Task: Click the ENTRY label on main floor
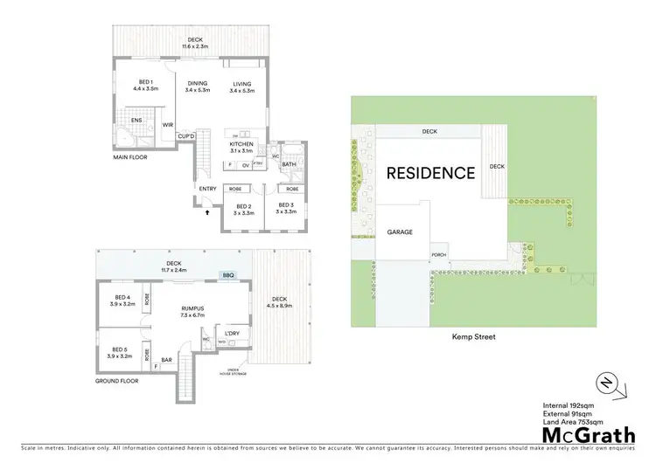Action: coord(207,189)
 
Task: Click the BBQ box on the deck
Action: coord(229,275)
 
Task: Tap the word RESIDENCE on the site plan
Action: coord(431,172)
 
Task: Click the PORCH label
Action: coord(439,256)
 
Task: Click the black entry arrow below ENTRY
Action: coord(207,211)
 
